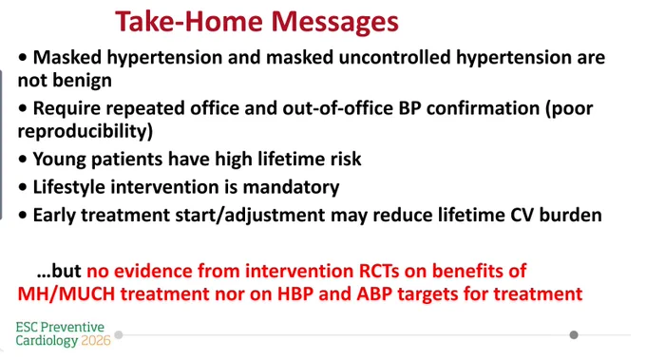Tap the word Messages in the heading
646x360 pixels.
coord(335,23)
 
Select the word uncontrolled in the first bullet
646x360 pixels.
coord(394,57)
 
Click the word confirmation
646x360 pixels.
coord(483,108)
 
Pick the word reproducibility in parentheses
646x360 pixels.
coord(85,132)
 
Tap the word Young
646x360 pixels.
coord(59,160)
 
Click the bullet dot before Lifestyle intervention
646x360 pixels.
coord(23,187)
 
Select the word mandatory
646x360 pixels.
coord(292,187)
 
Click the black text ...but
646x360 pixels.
coord(59,271)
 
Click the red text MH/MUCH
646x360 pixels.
coord(66,294)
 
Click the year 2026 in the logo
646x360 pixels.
coord(96,341)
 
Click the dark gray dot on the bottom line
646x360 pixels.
coord(574,335)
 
